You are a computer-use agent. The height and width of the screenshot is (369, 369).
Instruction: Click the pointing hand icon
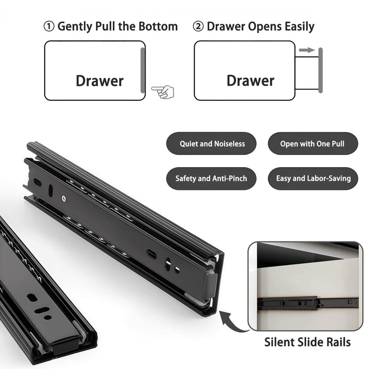pos(162,92)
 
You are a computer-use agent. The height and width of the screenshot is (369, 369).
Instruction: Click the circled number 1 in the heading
pos(49,26)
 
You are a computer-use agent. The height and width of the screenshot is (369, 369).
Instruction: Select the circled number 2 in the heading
pos(198,26)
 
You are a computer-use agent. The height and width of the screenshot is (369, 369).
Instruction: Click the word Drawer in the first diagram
pos(99,81)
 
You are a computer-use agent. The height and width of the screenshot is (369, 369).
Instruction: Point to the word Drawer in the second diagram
pos(250,81)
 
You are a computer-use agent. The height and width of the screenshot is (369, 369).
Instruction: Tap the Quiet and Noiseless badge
pos(212,143)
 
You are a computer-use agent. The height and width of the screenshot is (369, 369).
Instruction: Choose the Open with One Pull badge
pos(312,143)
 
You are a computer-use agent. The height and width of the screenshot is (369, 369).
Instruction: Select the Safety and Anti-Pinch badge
pos(211,179)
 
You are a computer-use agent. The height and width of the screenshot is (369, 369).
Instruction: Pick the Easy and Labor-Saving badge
pos(313,179)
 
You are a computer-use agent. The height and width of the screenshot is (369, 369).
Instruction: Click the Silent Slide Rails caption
pos(307,342)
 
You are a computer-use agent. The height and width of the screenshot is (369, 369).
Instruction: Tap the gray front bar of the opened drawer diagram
pos(320,71)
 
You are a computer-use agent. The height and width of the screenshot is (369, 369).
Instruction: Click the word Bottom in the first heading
pos(158,26)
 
